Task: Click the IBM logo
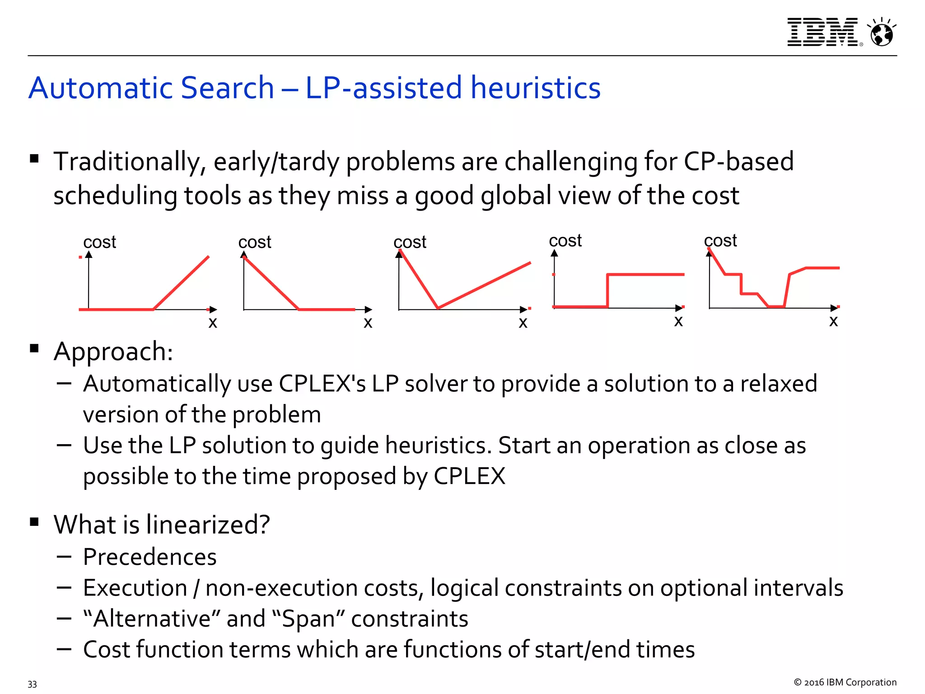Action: [822, 32]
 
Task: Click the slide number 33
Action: [32, 684]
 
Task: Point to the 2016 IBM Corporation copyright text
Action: [845, 682]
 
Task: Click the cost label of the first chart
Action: [99, 242]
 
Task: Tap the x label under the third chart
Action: [523, 323]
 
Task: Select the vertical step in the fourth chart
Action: [607, 291]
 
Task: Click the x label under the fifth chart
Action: [833, 321]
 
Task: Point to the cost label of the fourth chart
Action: [565, 241]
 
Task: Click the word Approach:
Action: [113, 352]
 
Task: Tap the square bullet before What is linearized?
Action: [34, 522]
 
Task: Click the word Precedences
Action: [149, 557]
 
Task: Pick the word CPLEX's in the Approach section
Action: [322, 384]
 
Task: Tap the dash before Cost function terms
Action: [64, 649]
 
